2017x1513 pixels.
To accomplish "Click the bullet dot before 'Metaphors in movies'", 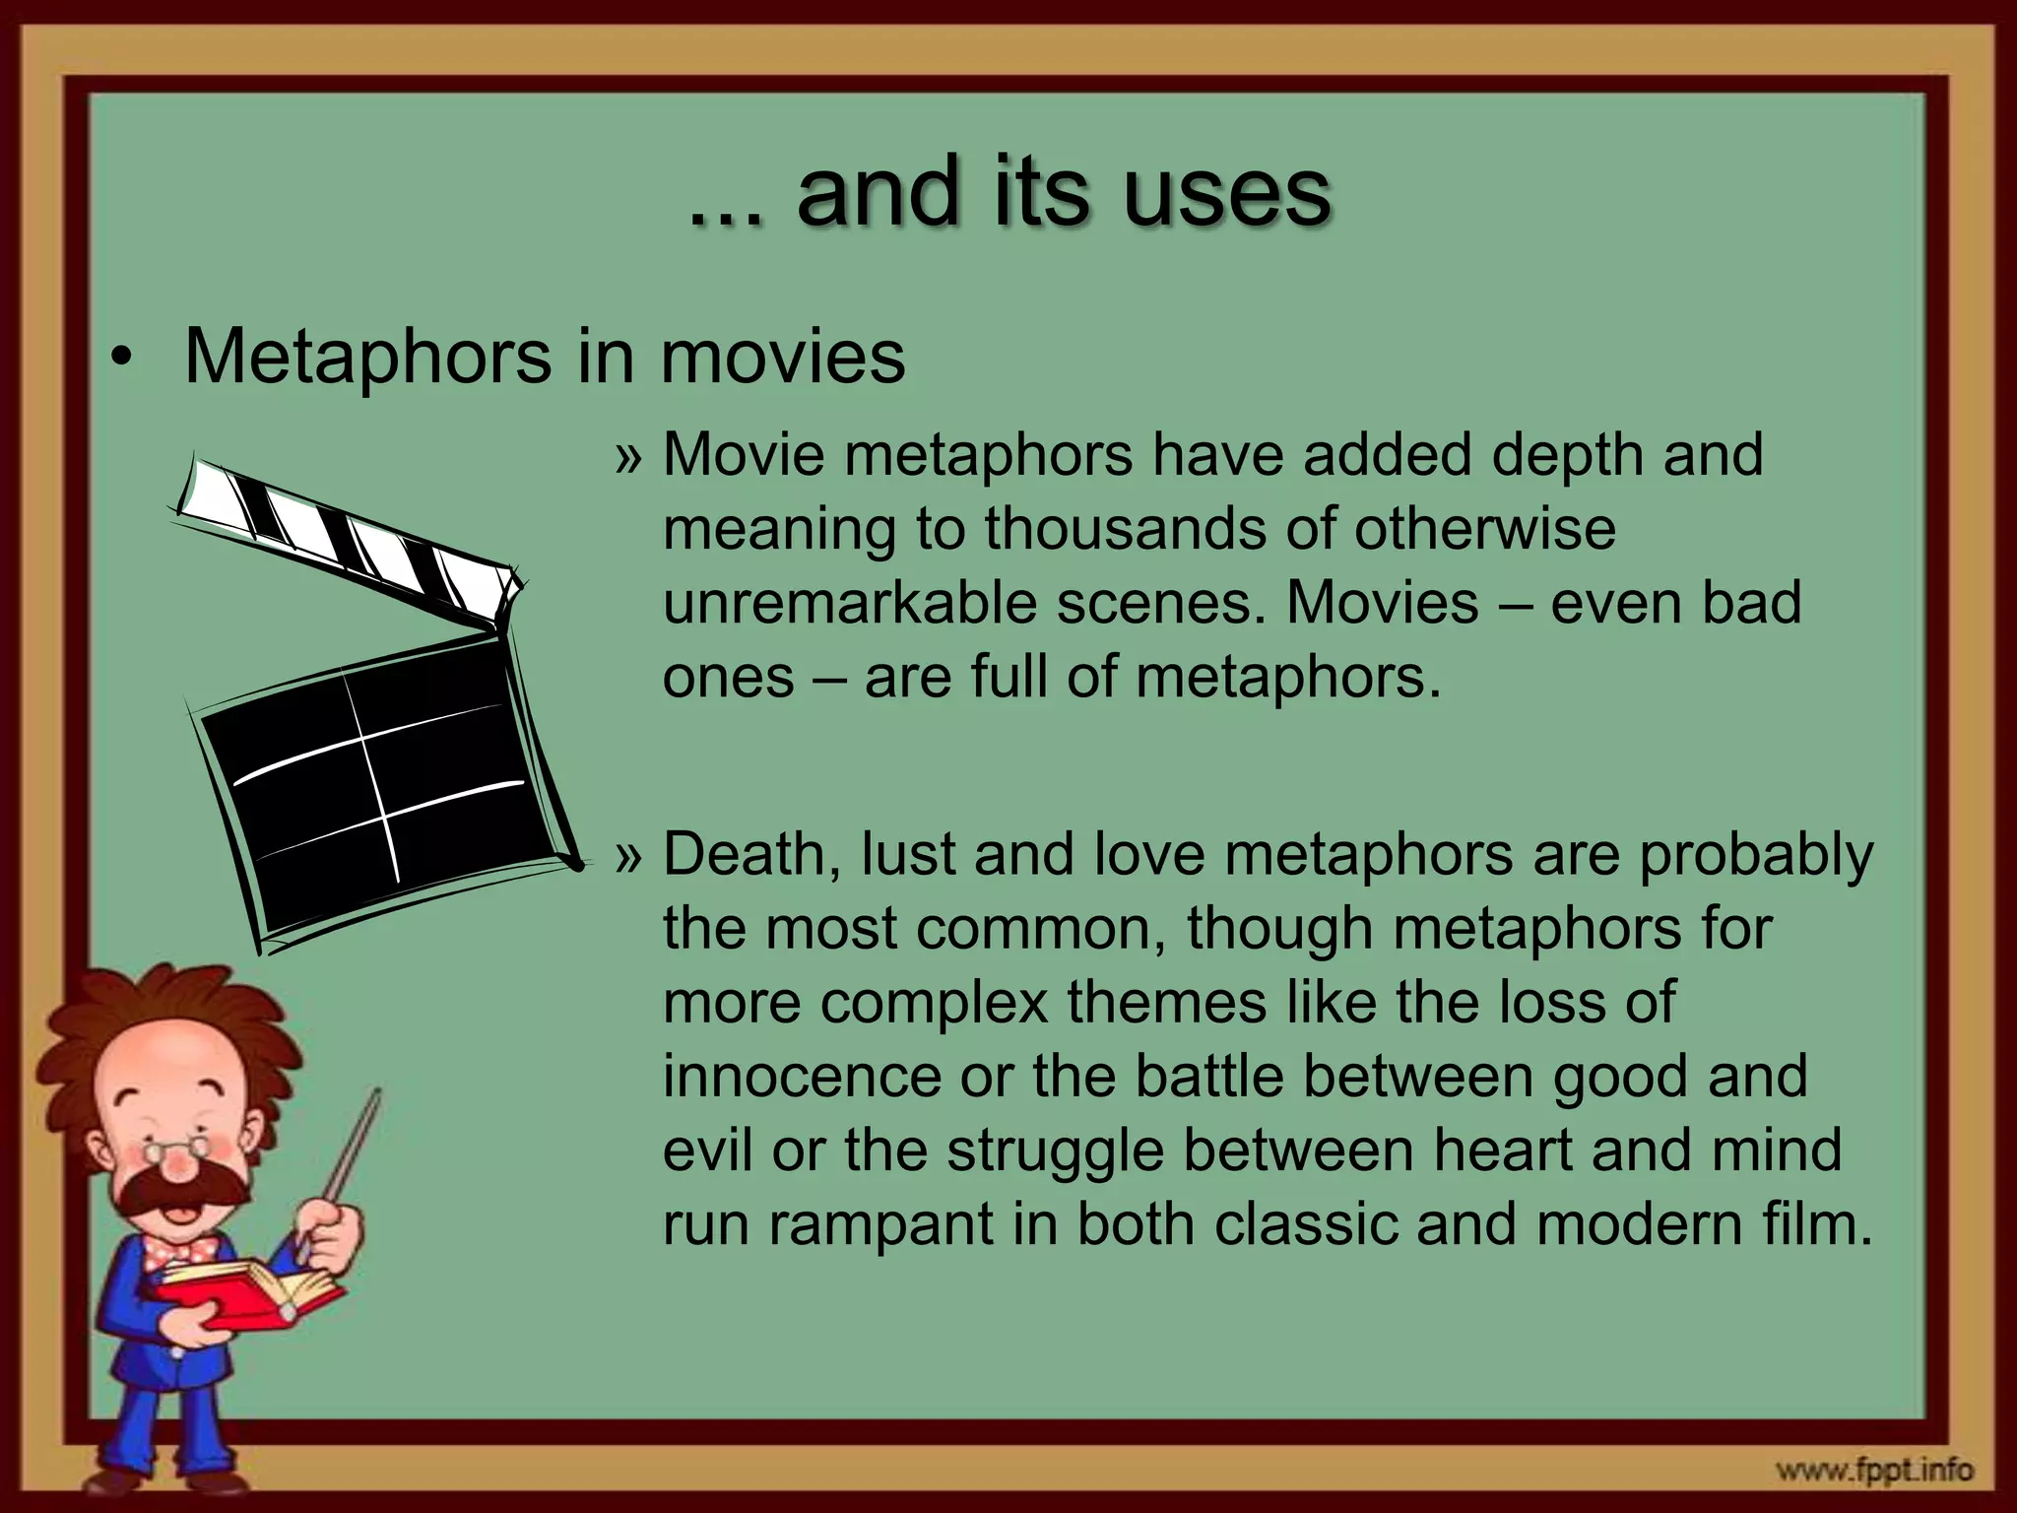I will coord(120,359).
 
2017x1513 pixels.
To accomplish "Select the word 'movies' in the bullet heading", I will coord(782,357).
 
